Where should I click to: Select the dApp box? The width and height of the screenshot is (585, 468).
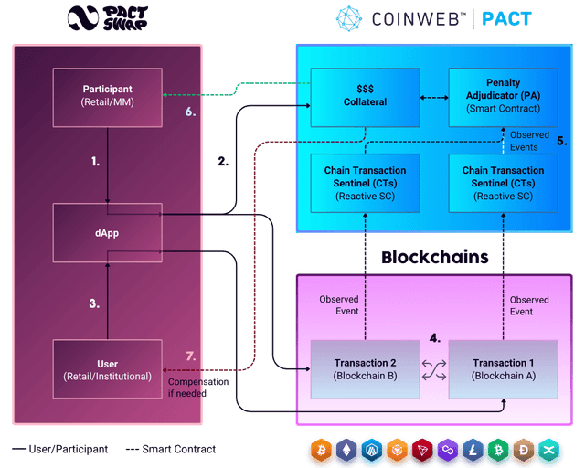[x=108, y=232]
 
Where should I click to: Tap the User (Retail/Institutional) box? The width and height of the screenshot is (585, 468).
[x=108, y=370]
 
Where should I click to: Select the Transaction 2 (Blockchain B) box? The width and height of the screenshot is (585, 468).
[x=365, y=369]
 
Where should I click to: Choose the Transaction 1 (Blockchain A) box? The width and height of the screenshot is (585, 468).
[x=502, y=369]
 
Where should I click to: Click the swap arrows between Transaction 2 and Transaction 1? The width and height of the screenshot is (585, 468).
[x=433, y=369]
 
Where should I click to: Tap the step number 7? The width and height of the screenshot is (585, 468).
[x=190, y=355]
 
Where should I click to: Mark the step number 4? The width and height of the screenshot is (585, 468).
[x=435, y=338]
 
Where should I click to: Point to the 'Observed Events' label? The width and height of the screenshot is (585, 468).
[x=529, y=141]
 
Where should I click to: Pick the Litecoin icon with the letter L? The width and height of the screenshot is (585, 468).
[x=473, y=451]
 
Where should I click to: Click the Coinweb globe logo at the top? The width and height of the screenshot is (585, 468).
[x=349, y=18]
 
